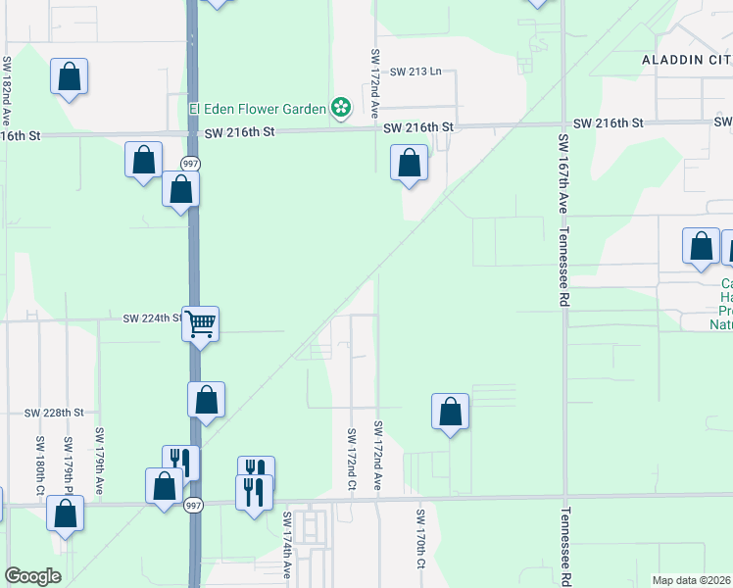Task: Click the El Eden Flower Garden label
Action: click(257, 108)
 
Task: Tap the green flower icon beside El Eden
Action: click(341, 107)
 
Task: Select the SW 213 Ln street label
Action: click(416, 72)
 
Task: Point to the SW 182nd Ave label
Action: click(7, 88)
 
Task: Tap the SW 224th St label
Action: click(153, 318)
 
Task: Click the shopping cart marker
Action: click(201, 322)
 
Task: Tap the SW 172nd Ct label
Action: click(351, 459)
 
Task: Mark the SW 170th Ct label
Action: click(419, 538)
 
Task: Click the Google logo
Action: click(33, 576)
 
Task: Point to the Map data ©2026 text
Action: click(692, 580)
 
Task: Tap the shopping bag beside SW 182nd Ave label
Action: click(70, 76)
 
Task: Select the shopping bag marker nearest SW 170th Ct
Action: click(450, 412)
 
